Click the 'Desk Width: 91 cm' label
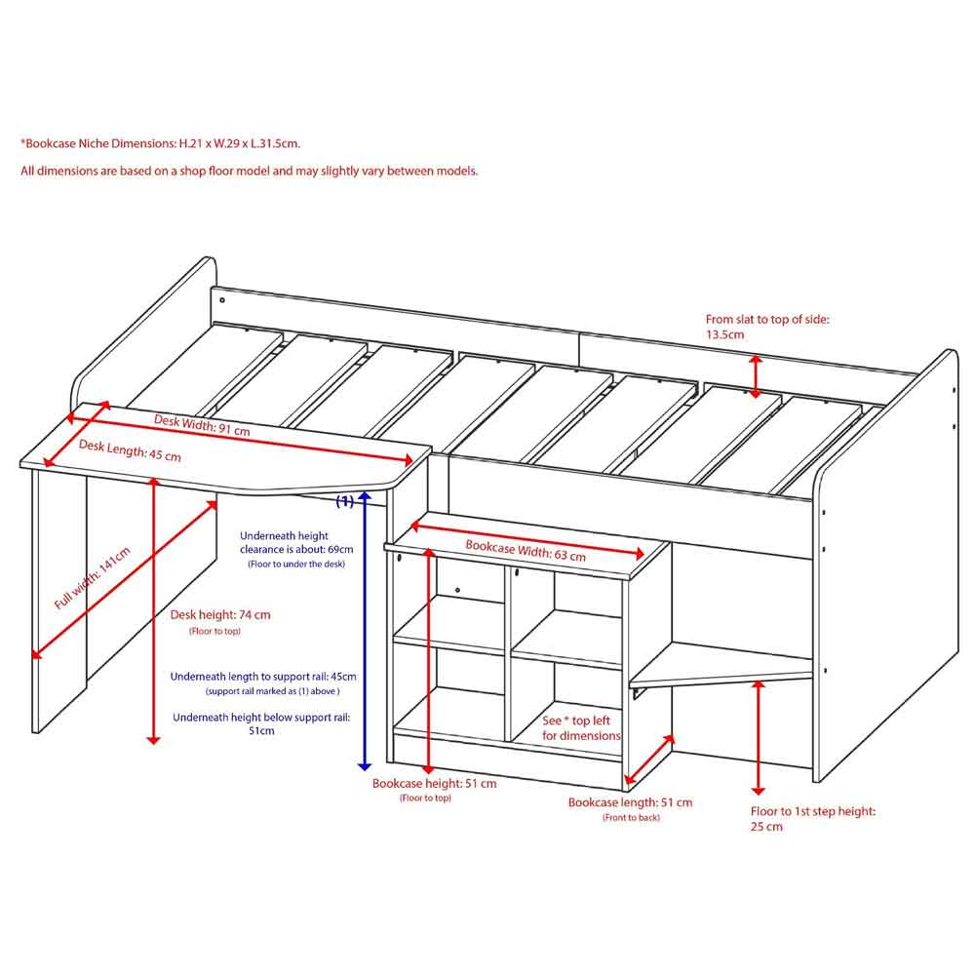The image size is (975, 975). [x=202, y=425]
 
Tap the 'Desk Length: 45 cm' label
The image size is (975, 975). [x=130, y=450]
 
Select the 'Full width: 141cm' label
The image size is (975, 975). [x=92, y=577]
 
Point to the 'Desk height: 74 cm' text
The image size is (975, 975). [x=220, y=615]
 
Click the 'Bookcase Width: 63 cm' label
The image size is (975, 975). [x=526, y=550]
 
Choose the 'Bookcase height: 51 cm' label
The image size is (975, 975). [x=435, y=784]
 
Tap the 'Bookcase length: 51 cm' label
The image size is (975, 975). [x=630, y=802]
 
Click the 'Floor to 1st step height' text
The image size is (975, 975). [x=813, y=811]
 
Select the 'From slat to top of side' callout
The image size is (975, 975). [x=767, y=319]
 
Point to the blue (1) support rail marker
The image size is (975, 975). [x=344, y=500]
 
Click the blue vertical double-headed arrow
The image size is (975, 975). [x=365, y=631]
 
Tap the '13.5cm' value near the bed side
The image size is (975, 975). [x=724, y=334]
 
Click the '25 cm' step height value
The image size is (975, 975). [x=766, y=827]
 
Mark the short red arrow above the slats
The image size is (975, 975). [x=756, y=376]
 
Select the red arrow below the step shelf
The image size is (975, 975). [x=758, y=737]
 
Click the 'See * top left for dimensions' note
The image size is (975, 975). [x=581, y=728]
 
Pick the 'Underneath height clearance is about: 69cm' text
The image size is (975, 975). [x=296, y=542]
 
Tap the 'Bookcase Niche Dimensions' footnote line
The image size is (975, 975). [x=161, y=143]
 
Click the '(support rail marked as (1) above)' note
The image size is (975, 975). [x=272, y=691]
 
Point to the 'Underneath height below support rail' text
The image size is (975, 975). [x=261, y=717]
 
